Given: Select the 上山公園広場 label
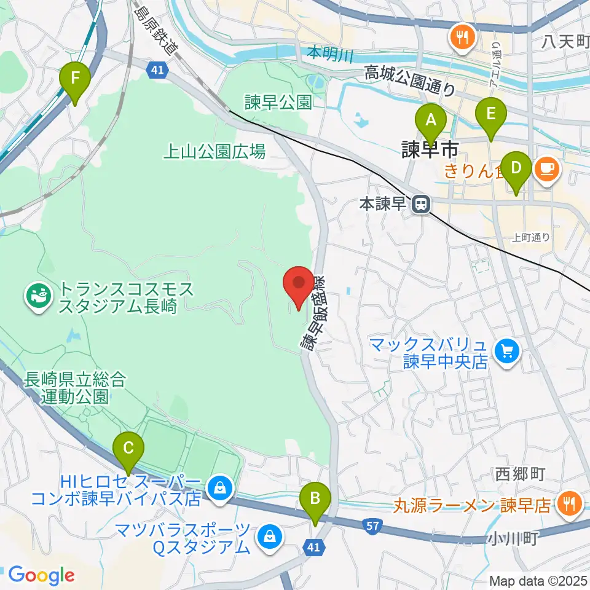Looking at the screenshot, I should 214,151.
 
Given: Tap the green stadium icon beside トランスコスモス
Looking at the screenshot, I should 35,297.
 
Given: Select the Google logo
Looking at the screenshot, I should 41,575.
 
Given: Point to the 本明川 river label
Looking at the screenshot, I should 330,55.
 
